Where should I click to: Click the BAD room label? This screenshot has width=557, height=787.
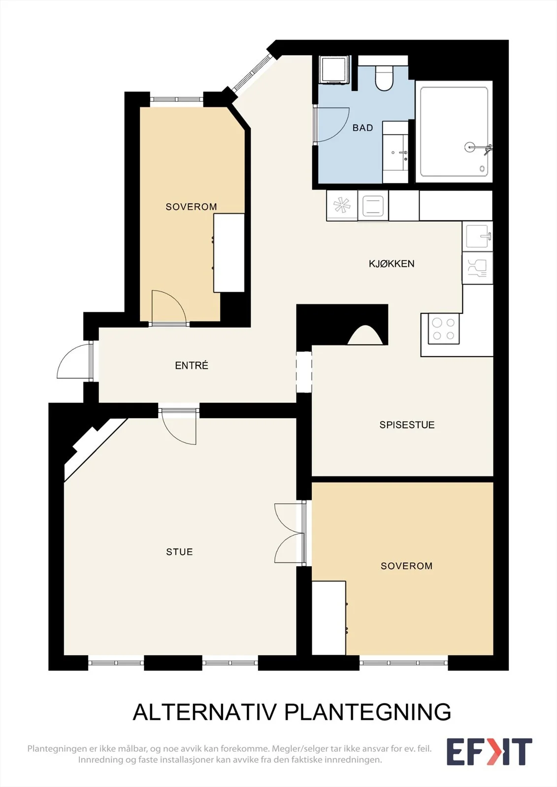[362, 128]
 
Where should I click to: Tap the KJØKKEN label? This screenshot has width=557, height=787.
[392, 264]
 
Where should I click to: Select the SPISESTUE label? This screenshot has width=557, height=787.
[407, 425]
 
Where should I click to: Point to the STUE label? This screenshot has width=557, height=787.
[179, 552]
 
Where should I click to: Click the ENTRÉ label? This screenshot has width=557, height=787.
[192, 365]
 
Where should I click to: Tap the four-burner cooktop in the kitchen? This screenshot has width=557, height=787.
[443, 329]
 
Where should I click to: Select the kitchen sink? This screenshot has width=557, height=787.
[478, 236]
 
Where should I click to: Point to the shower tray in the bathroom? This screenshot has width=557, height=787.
[454, 132]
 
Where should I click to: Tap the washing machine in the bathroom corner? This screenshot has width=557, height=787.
[334, 69]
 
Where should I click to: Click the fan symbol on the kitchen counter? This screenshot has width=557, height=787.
[342, 205]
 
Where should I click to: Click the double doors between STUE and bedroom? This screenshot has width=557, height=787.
[289, 534]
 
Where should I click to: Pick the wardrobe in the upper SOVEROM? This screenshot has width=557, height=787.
[229, 253]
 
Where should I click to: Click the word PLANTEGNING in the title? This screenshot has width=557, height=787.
[367, 712]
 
